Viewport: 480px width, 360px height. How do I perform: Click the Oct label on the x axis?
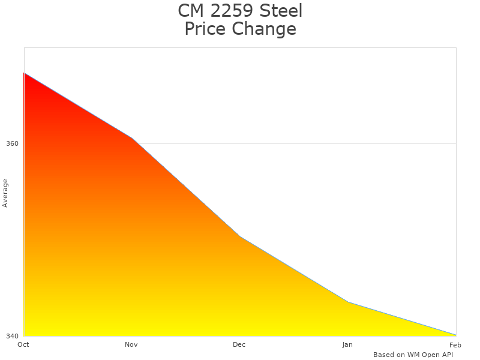coord(23,344)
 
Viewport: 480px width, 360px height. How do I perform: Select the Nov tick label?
coord(131,344)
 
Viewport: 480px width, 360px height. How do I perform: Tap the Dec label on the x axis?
coord(239,344)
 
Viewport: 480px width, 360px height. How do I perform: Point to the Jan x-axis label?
coord(347,344)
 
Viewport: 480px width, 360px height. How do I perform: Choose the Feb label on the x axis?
coord(455,344)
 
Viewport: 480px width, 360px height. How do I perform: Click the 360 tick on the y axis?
coord(13,144)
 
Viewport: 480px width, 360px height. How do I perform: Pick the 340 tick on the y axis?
coord(13,336)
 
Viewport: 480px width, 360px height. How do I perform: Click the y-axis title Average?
coord(5,193)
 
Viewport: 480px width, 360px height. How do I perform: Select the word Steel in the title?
coord(281,11)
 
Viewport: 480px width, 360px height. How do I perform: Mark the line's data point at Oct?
coord(24,73)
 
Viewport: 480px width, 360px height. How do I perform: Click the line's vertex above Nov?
coord(132,138)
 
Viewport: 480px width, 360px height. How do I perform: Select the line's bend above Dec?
coord(240,236)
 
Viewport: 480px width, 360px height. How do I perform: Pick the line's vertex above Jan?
coord(348,302)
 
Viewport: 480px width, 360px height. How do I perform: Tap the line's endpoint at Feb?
coord(455,335)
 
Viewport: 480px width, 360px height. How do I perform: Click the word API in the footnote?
coord(446,355)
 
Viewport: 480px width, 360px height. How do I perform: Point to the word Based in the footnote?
coord(383,355)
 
